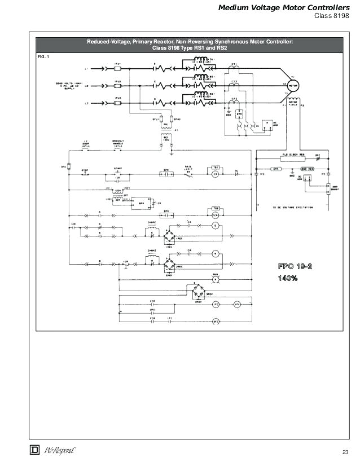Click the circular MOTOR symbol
point(293,84)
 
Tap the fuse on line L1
point(117,69)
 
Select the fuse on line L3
point(117,103)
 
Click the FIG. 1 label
point(43,57)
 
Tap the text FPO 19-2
point(295,266)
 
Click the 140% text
point(287,278)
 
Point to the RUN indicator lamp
point(215,279)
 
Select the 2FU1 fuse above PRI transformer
point(163,120)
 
